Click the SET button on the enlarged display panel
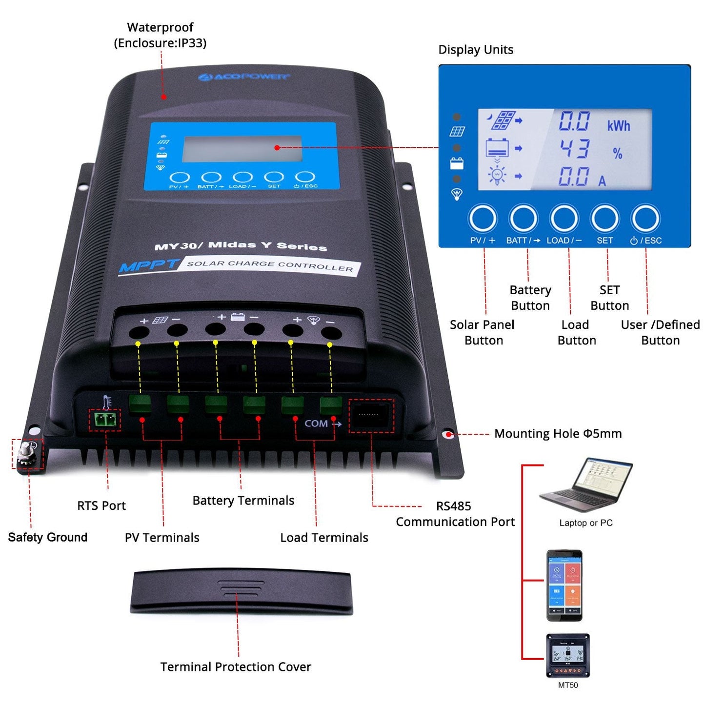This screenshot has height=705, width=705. click(x=604, y=219)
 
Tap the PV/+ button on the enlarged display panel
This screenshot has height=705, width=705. click(x=483, y=219)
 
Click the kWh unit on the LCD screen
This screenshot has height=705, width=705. click(x=618, y=126)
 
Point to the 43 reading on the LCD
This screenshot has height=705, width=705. click(x=574, y=148)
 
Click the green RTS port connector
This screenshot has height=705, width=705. click(x=105, y=419)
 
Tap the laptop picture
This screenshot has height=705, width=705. click(x=585, y=486)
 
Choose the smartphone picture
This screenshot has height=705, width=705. click(x=564, y=585)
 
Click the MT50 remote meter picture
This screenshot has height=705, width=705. click(x=568, y=655)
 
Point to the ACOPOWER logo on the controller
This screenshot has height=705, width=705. click(x=244, y=77)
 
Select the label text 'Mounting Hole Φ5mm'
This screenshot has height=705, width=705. click(x=558, y=434)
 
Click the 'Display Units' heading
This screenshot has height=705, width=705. click(x=476, y=50)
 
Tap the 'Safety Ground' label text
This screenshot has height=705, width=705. click(x=48, y=537)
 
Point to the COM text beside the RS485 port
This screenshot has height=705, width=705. click(x=316, y=423)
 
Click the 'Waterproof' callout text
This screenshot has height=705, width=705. click(x=160, y=27)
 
